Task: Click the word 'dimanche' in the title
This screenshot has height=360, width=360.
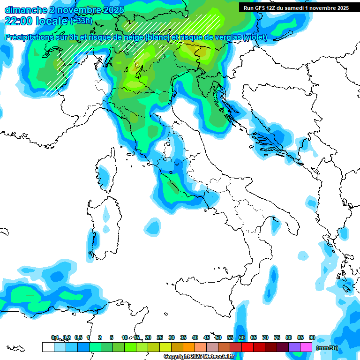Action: (25, 10)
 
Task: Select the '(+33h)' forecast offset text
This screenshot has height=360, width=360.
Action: (81, 21)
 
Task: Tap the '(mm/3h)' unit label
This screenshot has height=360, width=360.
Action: (327, 348)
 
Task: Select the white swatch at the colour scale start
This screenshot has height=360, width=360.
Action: (48, 347)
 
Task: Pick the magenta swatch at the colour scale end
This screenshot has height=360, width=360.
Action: (306, 347)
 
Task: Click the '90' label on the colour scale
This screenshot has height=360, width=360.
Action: (312, 337)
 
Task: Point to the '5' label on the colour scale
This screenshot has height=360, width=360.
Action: (112, 337)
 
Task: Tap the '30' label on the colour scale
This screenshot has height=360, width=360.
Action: (172, 337)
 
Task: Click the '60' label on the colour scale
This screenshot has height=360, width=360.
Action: (241, 337)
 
